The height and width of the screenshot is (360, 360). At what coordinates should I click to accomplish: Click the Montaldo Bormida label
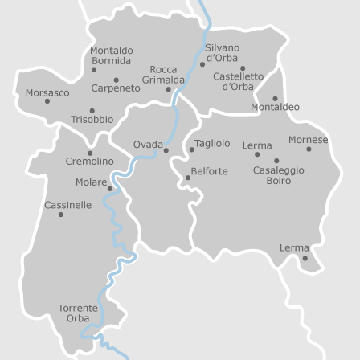tap(111, 55)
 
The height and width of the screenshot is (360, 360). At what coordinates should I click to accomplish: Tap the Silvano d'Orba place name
tap(222, 52)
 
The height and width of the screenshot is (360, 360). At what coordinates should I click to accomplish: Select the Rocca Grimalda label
tap(163, 75)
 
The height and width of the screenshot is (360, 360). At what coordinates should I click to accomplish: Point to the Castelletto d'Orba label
tap(238, 81)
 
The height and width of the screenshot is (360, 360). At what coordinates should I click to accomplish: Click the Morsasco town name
tap(47, 92)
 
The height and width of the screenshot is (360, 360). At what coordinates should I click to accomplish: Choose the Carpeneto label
tap(116, 88)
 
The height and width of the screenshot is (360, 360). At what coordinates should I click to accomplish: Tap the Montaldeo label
tap(275, 107)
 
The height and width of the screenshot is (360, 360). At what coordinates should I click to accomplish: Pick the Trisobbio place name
tap(92, 120)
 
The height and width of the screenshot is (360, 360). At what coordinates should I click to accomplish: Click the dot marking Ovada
tap(166, 150)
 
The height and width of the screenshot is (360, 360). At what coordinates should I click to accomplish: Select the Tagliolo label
tap(212, 143)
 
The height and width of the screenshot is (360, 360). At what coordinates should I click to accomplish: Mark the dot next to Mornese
tap(309, 149)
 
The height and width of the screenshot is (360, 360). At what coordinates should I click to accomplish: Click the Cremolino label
tap(89, 162)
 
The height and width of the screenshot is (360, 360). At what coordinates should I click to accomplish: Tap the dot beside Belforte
tap(188, 178)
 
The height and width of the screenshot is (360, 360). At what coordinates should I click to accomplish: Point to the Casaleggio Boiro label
tap(278, 175)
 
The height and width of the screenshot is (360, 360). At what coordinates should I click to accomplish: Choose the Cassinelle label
tap(67, 205)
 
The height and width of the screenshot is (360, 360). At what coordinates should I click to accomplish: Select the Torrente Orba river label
tap(78, 313)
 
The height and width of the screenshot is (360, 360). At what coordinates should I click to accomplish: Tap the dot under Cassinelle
tap(60, 215)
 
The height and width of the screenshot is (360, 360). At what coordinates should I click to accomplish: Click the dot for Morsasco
tap(47, 101)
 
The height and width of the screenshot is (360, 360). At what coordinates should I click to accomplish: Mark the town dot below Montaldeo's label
tap(274, 98)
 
